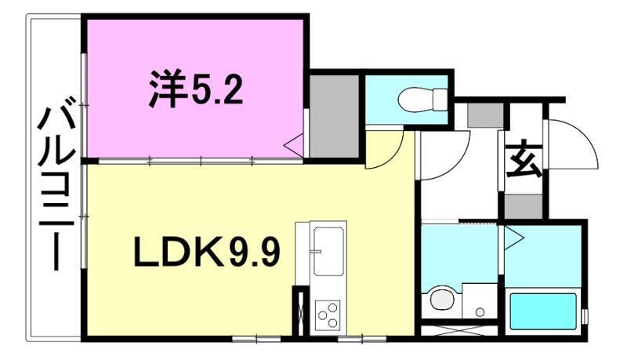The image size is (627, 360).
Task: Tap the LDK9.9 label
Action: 208,253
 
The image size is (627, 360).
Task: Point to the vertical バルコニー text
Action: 53,188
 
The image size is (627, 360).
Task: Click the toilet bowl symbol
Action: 421,100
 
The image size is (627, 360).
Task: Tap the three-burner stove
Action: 328,316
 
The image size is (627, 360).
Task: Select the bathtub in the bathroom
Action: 543,310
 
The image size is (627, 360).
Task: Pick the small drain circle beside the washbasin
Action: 479,311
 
